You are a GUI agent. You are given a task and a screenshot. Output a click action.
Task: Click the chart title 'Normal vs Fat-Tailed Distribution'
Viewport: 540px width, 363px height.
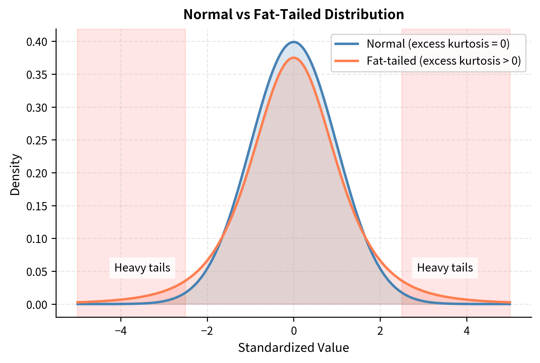tap(294, 14)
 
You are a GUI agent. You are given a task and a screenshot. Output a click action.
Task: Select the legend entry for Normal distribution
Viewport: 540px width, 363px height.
tap(438, 44)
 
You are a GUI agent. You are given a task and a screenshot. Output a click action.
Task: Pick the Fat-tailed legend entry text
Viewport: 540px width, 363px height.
tap(444, 61)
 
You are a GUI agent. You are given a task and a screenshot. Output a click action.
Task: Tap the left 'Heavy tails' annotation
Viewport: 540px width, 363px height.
tap(142, 268)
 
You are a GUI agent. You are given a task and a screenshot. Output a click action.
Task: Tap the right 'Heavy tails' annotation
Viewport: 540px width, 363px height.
tap(445, 268)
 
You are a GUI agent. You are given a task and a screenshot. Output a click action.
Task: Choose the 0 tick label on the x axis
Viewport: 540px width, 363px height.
tap(294, 331)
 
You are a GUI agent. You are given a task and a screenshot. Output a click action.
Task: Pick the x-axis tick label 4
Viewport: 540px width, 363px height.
tap(467, 331)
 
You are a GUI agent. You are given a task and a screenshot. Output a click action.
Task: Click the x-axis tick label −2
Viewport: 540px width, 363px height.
tap(207, 331)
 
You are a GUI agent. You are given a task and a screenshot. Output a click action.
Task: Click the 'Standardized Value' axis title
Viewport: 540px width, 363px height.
tap(294, 348)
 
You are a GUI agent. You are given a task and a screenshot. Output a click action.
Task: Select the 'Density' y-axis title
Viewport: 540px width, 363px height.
tap(15, 175)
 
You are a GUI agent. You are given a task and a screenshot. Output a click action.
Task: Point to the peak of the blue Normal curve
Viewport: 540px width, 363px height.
tap(294, 42)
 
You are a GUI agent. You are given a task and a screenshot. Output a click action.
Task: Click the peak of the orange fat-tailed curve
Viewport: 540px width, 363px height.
tap(294, 58)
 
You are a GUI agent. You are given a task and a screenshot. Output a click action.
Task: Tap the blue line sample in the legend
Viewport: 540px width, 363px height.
tap(347, 44)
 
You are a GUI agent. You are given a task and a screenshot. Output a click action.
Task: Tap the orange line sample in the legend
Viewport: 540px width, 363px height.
tap(347, 61)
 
